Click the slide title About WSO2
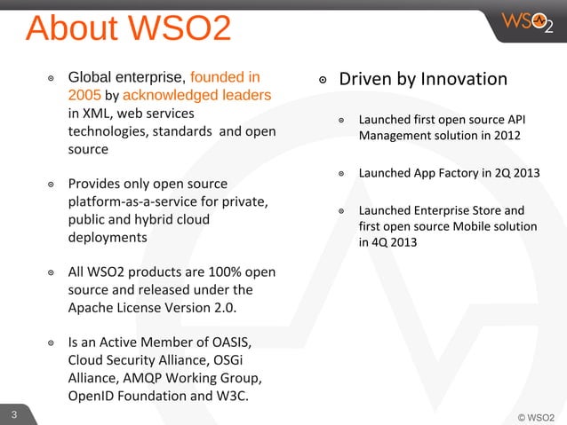[x=129, y=29]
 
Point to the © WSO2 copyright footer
[x=536, y=415]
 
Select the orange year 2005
[x=84, y=96]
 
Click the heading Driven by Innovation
[x=423, y=80]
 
